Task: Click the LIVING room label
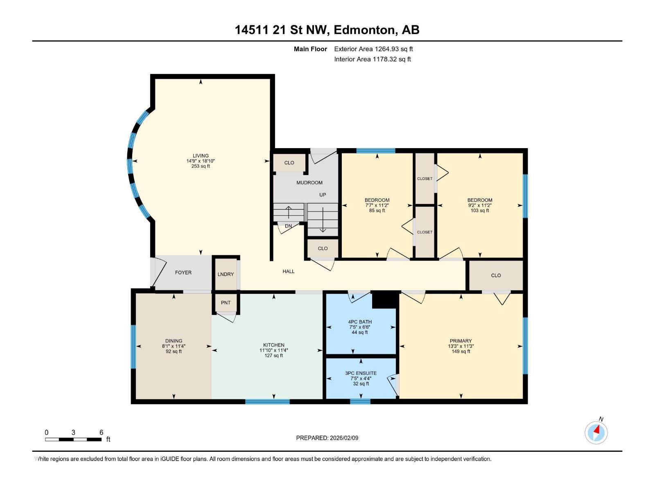tap(201, 156)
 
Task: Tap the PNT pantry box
tap(226, 303)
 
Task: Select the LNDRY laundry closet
tap(226, 274)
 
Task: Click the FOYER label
tap(183, 273)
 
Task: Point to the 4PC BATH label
tap(360, 322)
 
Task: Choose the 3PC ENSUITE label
tap(361, 373)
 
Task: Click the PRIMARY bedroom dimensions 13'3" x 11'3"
tap(461, 346)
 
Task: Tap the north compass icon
tap(596, 432)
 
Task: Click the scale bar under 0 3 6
tap(73, 439)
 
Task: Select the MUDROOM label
tap(309, 183)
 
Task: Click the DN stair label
tap(288, 226)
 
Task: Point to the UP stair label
tap(323, 195)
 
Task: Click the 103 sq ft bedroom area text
tap(480, 211)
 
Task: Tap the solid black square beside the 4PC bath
tap(384, 300)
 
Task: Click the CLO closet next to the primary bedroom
tap(496, 275)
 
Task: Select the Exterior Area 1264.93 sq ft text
tap(373, 49)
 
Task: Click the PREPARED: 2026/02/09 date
tap(327, 438)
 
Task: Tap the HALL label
tap(289, 271)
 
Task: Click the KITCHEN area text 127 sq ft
tap(273, 356)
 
